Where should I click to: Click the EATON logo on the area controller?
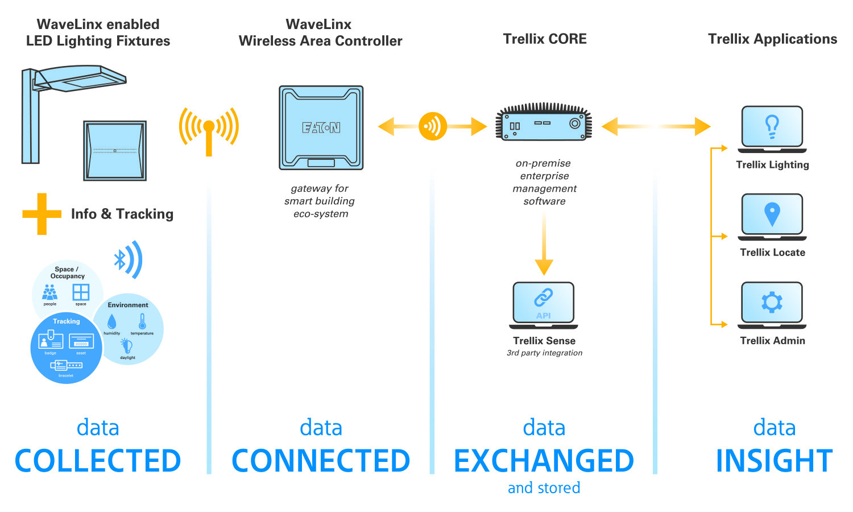(x=321, y=127)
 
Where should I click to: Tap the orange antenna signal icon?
(x=209, y=130)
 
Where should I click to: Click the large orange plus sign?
(x=42, y=214)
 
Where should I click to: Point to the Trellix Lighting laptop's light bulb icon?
(x=772, y=126)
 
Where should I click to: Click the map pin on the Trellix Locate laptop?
(x=772, y=214)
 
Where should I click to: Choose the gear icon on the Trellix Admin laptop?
(x=772, y=302)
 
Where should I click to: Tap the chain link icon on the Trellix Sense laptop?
(x=543, y=297)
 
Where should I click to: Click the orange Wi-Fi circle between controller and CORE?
(x=433, y=126)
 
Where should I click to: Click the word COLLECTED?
(x=98, y=461)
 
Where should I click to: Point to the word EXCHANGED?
(x=544, y=461)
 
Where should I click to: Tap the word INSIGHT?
(x=774, y=461)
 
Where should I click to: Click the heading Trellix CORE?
(x=544, y=39)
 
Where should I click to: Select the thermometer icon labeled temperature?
(x=142, y=321)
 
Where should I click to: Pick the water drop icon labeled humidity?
(x=111, y=322)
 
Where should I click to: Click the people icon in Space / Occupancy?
(x=50, y=292)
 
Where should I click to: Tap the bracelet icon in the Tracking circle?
(x=66, y=365)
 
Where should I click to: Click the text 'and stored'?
(x=544, y=488)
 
